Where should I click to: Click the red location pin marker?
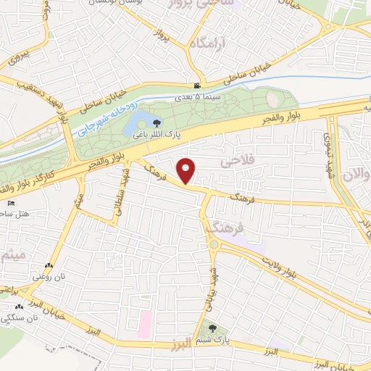click(187, 170)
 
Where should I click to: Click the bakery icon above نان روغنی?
click(48, 266)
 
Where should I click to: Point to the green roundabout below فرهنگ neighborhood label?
click(214, 246)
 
